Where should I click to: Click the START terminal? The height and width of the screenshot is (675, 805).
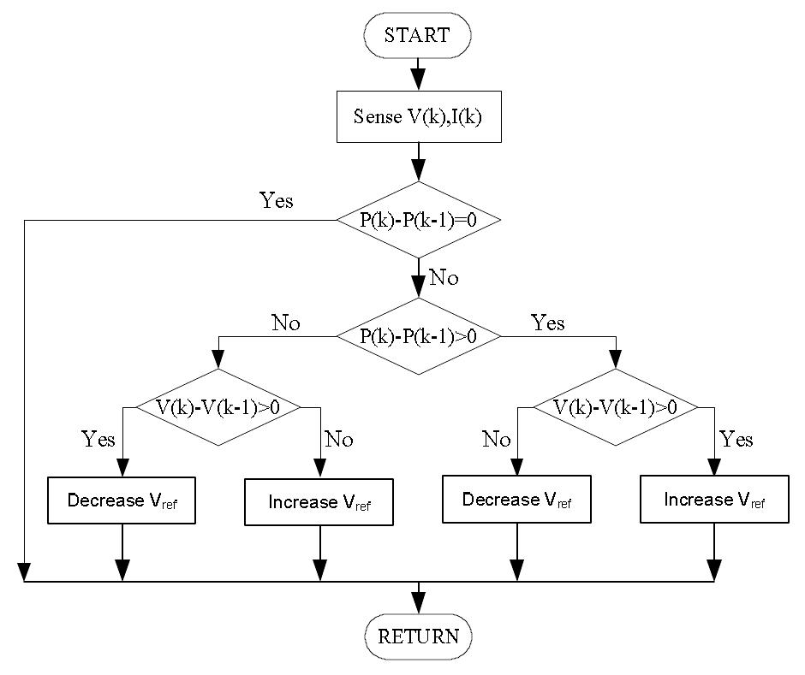417,35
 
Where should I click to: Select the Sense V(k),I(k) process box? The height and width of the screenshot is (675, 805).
417,116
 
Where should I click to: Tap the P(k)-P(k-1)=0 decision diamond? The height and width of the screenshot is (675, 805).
417,220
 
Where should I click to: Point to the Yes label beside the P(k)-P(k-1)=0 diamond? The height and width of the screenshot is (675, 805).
276,201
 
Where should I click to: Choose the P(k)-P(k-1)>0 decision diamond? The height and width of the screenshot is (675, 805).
417,336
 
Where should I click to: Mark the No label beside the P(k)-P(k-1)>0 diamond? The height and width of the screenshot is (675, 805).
286,323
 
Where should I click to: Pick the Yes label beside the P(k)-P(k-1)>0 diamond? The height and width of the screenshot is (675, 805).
548,323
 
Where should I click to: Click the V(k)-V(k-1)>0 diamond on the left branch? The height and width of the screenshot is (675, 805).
219,407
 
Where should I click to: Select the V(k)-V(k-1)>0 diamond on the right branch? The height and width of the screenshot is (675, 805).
615,407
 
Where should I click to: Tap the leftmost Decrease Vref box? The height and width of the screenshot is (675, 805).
122,500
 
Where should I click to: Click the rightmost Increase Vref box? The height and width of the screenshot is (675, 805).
714,500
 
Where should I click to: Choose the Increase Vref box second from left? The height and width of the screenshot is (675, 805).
319,502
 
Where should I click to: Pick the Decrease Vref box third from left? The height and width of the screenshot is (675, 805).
516,500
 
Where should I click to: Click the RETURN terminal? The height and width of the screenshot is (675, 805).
418,637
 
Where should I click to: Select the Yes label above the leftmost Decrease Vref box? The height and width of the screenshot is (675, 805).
98,440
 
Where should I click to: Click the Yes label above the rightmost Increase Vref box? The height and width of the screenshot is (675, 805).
736,440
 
